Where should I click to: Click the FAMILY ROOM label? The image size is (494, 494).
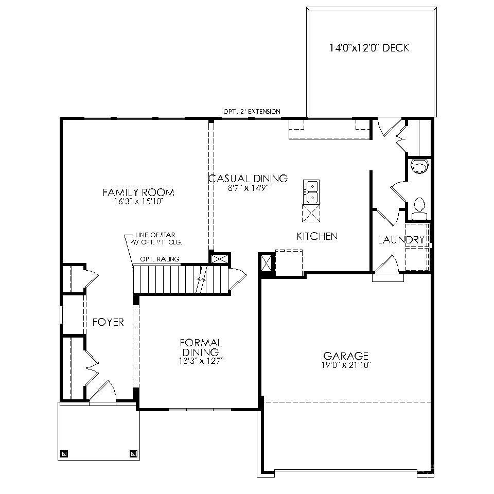pos(138,192)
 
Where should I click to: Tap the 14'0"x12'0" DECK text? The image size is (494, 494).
pos(369,48)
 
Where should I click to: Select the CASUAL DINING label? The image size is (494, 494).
pos(248,179)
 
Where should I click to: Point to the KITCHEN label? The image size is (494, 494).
pos(317,236)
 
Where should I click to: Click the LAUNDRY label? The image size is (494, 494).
pos(401,240)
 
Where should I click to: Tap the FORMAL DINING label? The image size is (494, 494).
pos(201,347)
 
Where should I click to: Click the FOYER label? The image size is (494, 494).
pos(108,323)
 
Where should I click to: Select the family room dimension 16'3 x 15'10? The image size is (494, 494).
pos(138,202)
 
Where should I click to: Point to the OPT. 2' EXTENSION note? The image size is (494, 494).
pos(252,111)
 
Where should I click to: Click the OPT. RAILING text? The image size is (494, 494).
pos(160,259)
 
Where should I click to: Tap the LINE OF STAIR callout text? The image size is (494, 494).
pos(158,238)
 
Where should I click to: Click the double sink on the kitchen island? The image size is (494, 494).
pos(311,191)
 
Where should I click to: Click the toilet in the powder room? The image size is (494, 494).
pos(419,206)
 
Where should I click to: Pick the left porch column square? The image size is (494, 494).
pos(64,454)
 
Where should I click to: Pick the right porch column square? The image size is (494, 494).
pos(133,454)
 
